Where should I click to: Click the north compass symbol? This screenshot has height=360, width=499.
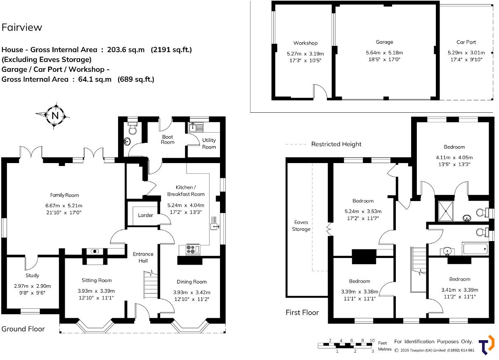(54, 116)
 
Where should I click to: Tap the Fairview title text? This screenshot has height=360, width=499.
(22, 28)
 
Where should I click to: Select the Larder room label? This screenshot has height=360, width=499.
(145, 215)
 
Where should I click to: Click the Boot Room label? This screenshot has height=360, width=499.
(168, 140)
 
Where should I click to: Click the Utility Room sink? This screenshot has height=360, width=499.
(194, 127)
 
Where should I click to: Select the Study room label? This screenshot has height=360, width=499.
(32, 275)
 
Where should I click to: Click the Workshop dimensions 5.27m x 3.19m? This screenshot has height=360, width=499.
(305, 54)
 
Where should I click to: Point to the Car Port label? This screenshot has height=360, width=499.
(466, 42)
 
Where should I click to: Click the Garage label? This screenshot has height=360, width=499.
(384, 42)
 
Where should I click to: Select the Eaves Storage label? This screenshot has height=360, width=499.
(301, 226)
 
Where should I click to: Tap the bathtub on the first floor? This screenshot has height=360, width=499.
(475, 249)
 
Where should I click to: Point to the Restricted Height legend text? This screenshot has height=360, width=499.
(336, 144)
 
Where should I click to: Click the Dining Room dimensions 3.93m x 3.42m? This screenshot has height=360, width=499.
(192, 292)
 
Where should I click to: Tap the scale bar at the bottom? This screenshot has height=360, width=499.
(346, 345)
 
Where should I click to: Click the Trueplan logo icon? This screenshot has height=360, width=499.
(486, 345)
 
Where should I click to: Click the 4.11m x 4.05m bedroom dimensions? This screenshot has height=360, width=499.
(454, 157)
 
